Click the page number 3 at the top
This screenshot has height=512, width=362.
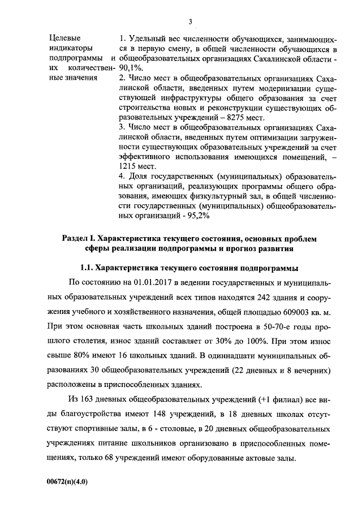(x=191, y=21)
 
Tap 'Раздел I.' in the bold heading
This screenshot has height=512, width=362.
(x=79, y=239)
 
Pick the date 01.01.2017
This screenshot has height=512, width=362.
(x=153, y=282)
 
